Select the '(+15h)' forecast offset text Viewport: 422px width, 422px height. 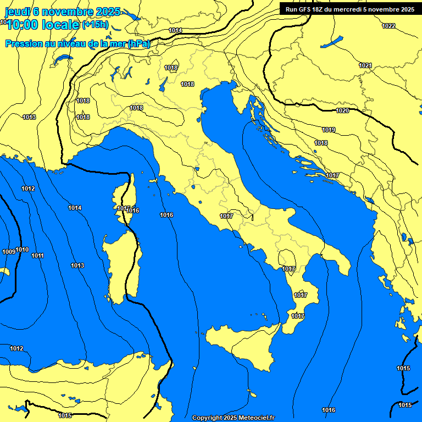point(95,25)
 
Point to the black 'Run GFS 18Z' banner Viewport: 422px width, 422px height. point(349,9)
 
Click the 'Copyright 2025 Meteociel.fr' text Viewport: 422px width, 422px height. point(233,418)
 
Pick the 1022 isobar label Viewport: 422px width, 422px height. point(388,26)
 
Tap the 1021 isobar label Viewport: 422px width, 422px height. point(365,65)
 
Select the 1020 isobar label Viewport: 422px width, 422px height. point(342,110)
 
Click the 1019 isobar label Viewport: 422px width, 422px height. point(329,130)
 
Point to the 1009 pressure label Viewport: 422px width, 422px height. point(9,252)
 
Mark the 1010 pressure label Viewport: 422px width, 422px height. point(22,249)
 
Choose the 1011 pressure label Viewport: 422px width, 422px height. point(37,256)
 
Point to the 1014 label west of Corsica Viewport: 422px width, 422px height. point(75,208)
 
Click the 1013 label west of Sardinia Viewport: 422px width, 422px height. point(77,265)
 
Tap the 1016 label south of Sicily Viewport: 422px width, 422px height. point(329,410)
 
